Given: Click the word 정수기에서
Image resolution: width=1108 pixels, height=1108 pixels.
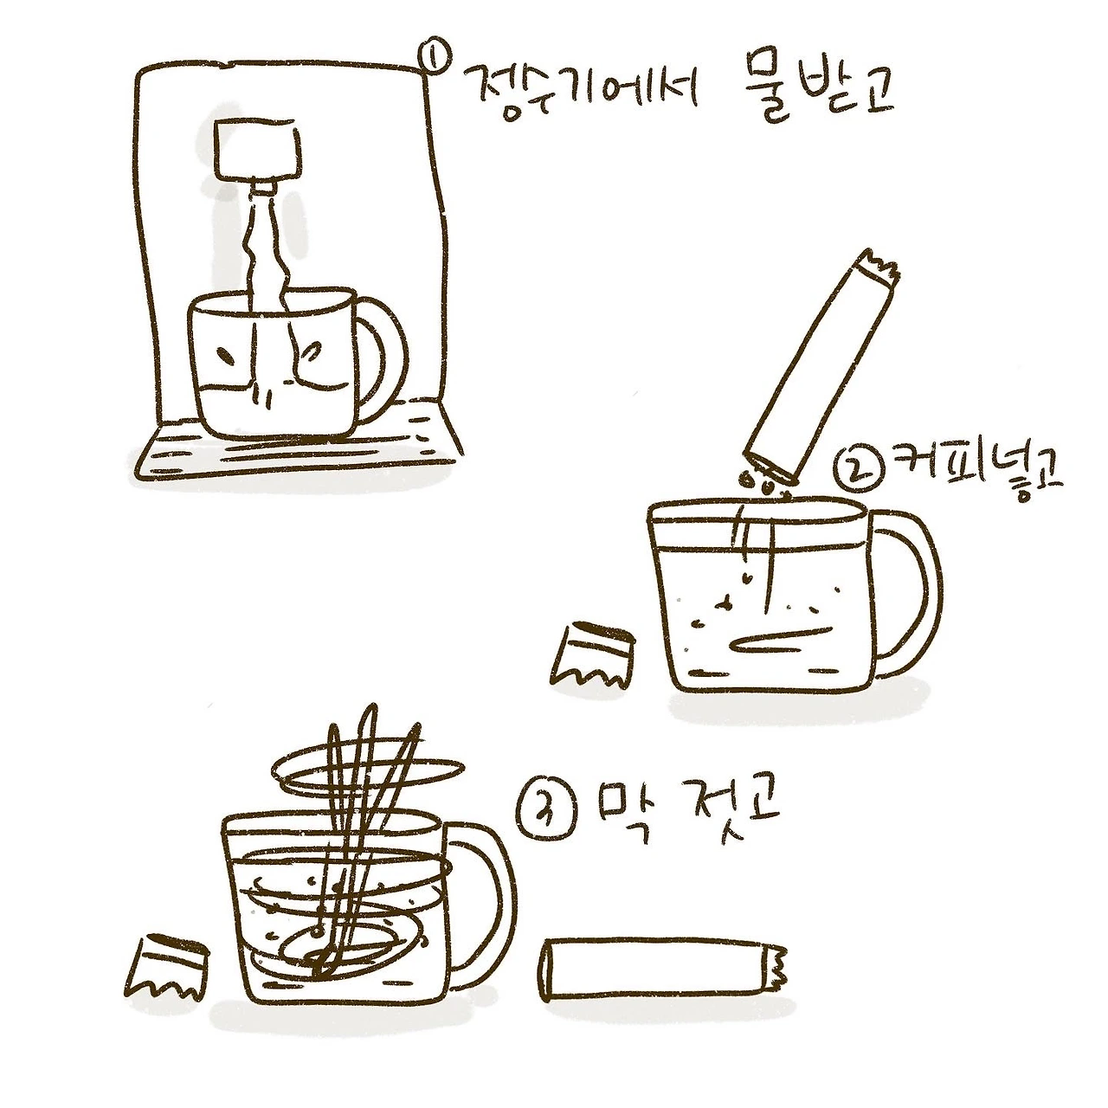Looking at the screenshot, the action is point(582,90).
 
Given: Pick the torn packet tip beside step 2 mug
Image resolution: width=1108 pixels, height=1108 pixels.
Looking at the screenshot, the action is point(591,654).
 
